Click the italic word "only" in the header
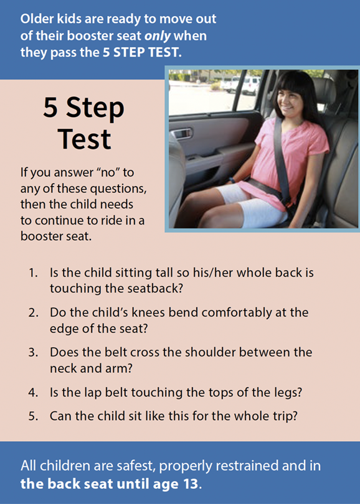click(x=158, y=36)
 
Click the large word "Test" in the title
click(x=85, y=139)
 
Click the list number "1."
click(x=33, y=273)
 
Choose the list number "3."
click(x=33, y=352)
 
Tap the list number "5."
click(x=33, y=416)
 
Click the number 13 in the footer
click(x=189, y=483)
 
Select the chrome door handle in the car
click(x=182, y=133)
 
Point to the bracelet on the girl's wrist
click(x=231, y=180)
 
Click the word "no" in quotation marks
click(x=108, y=172)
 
